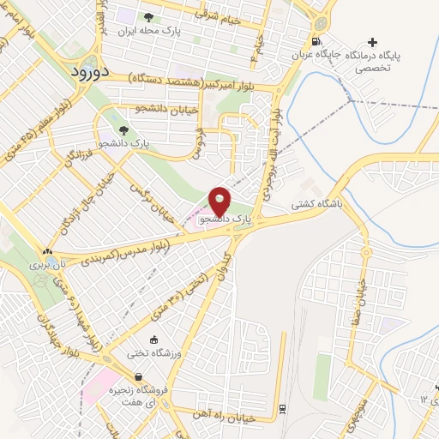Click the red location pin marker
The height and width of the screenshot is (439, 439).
pyautogui.click(x=220, y=201)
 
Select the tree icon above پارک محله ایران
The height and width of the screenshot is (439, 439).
pyautogui.click(x=148, y=17)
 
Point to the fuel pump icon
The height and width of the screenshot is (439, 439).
pyautogui.click(x=318, y=41)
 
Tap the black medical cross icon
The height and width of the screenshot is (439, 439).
pyautogui.click(x=371, y=41)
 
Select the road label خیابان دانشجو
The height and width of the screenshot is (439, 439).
pyautogui.click(x=168, y=109)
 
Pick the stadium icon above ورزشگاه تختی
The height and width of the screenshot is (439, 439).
pyautogui.click(x=153, y=340)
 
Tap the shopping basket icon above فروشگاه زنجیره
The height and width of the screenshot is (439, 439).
pyautogui.click(x=139, y=376)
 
